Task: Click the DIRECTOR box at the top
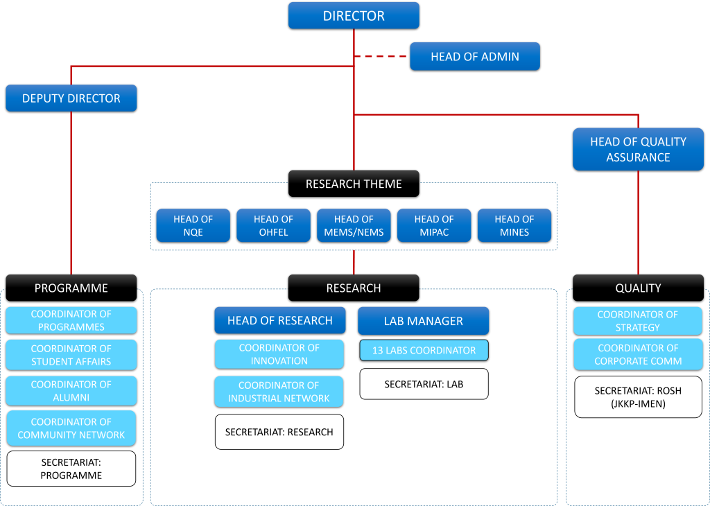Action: (x=354, y=15)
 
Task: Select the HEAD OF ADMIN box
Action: (x=474, y=57)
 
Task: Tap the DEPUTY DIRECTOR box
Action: (x=71, y=98)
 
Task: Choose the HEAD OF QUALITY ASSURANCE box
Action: (x=638, y=149)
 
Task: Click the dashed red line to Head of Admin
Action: (x=381, y=57)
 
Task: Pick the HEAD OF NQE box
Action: (x=193, y=225)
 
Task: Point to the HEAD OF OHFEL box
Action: (x=273, y=225)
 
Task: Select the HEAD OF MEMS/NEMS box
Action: (x=354, y=225)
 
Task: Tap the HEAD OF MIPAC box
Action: (x=434, y=225)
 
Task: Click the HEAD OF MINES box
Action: (x=514, y=225)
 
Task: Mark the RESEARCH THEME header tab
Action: (x=354, y=184)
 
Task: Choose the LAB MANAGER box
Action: (x=423, y=321)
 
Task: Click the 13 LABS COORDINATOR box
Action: (x=424, y=350)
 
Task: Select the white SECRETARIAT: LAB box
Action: (x=424, y=384)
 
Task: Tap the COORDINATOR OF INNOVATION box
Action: (x=279, y=354)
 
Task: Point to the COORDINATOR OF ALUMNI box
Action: (x=71, y=391)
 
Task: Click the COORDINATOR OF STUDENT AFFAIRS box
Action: (x=71, y=355)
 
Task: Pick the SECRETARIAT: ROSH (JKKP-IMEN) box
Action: (x=638, y=397)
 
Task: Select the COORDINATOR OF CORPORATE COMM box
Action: (x=638, y=354)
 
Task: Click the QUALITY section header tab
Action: (x=638, y=288)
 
